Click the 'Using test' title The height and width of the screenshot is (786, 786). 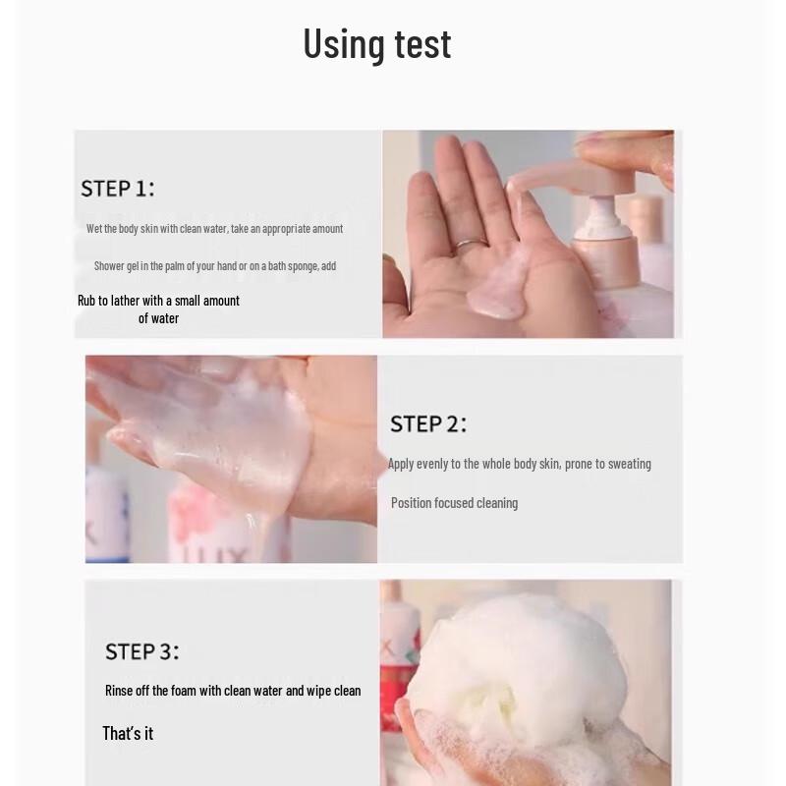(x=376, y=44)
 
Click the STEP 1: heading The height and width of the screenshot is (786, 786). (x=117, y=189)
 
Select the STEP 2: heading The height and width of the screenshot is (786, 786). (x=427, y=423)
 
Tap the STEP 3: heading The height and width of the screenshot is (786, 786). (x=141, y=651)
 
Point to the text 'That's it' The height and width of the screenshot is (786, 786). (x=128, y=733)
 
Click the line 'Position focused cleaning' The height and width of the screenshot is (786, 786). (x=454, y=503)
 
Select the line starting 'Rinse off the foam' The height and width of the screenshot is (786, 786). (x=233, y=691)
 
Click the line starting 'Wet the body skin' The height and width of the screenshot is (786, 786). (x=214, y=229)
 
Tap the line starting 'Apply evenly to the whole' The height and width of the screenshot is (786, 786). (x=519, y=464)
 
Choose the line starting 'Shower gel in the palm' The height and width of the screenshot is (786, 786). (x=214, y=266)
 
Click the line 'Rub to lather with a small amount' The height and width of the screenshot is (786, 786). (x=158, y=301)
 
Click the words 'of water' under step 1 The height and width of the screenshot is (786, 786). (x=158, y=318)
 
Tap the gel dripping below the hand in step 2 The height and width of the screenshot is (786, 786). (x=263, y=535)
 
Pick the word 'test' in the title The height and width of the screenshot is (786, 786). (x=422, y=44)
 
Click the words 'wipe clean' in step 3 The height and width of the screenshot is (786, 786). (x=333, y=691)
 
